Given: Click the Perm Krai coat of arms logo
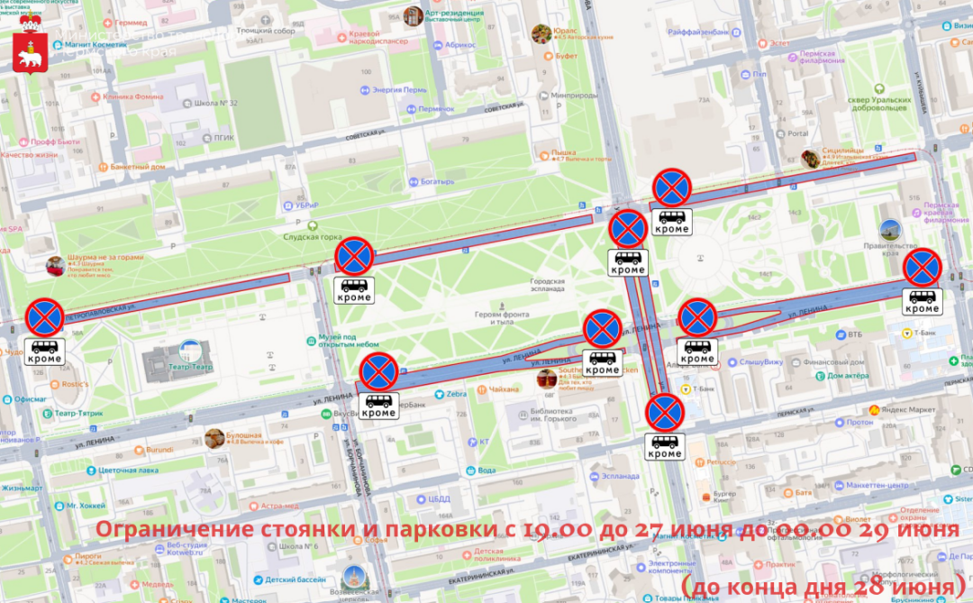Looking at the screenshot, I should coord(30,56).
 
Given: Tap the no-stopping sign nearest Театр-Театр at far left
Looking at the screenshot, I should coord(44,318).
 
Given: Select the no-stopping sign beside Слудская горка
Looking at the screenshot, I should coord(354,257).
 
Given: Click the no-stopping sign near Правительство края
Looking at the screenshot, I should coord(923,268).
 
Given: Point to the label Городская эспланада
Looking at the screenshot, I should coord(547,286).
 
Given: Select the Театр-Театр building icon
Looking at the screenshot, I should coord(191,351).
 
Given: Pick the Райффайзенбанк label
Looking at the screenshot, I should coord(698,32).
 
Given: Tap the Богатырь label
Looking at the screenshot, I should coord(438,182).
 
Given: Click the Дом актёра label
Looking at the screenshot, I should coord(847,375).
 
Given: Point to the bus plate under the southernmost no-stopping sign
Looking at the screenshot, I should coord(666,446).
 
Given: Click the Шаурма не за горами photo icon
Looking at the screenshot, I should coord(56,266).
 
